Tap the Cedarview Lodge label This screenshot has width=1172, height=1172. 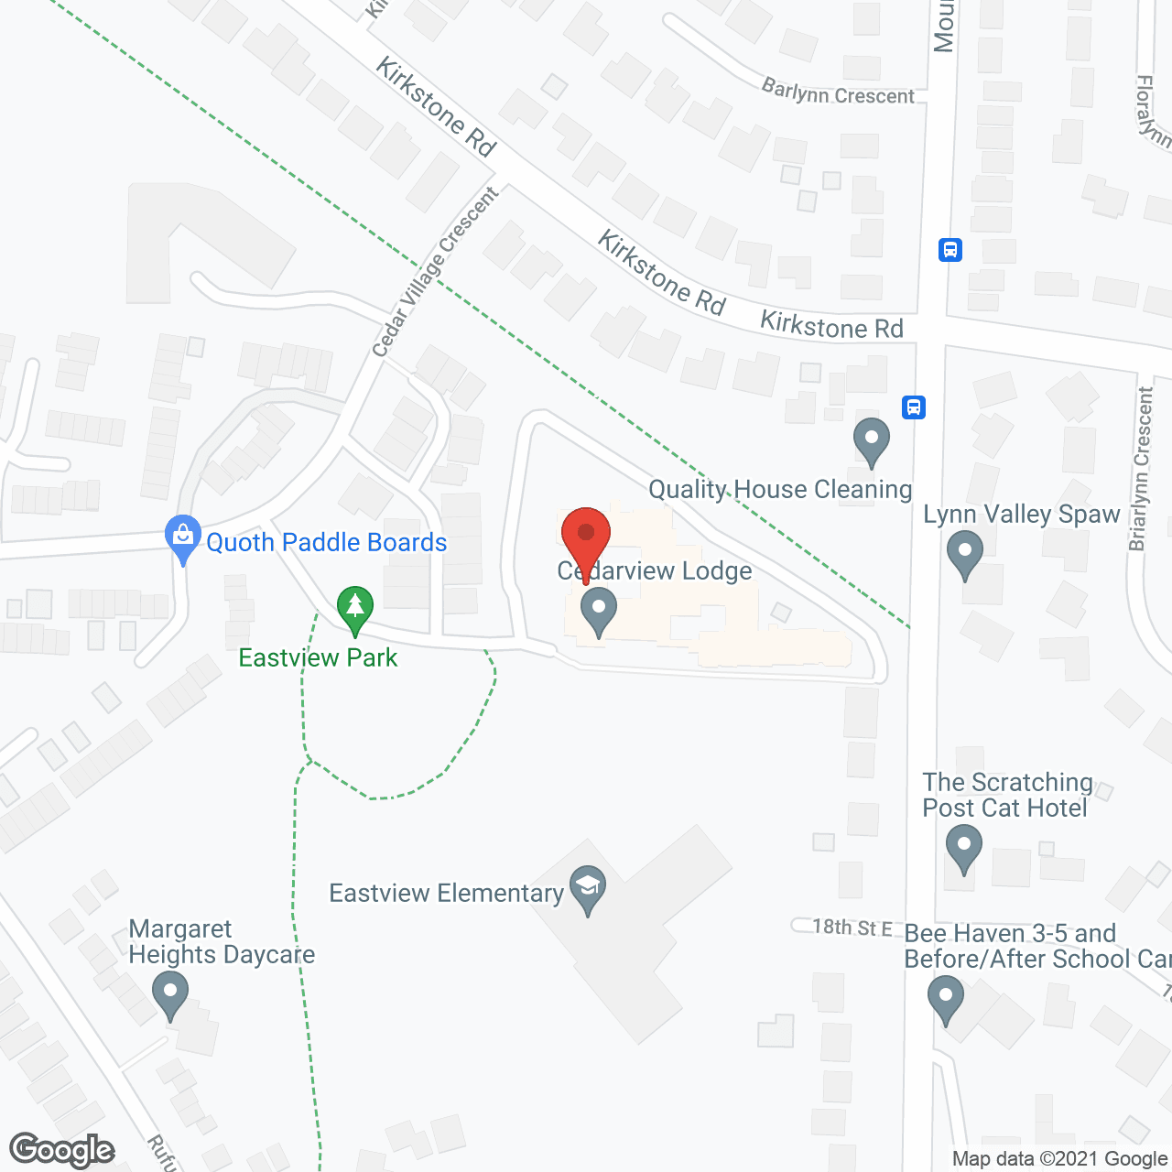pos(655,571)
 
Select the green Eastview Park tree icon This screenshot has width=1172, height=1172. pos(355,609)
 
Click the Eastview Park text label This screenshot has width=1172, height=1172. pos(318,657)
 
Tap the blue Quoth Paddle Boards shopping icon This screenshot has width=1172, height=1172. pos(183,537)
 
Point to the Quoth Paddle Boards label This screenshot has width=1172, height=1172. pos(326,543)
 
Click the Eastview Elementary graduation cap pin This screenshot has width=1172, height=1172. pos(588,889)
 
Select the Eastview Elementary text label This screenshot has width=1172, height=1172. pos(446,893)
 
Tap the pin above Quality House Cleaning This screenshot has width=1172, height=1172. pos(872,441)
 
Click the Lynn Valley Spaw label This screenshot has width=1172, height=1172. pos(1021,515)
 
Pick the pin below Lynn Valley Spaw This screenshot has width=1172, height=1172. pos(964,555)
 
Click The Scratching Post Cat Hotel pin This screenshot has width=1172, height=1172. pos(962,848)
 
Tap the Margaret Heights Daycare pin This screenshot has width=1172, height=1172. pos(169,994)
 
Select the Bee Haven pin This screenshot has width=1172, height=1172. pos(946,999)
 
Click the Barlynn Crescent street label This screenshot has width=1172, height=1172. pos(838,92)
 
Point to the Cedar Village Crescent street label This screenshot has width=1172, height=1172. pos(435,272)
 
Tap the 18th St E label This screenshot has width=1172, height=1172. pos(852,927)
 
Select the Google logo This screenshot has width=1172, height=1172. pos(62,1150)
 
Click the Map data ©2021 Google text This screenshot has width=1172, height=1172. pos(1059,1159)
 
